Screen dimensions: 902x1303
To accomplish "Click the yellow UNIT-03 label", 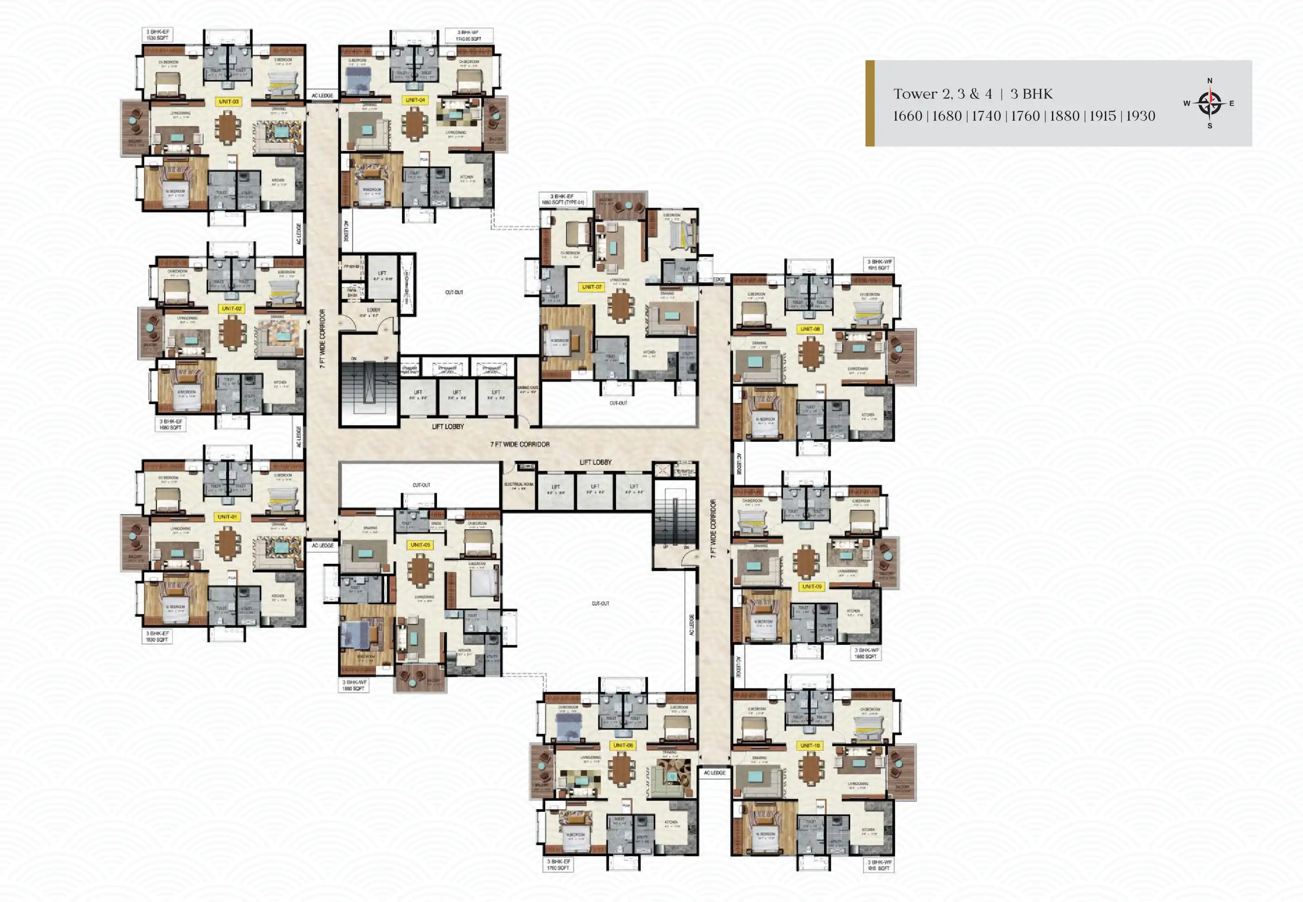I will pos(228,102).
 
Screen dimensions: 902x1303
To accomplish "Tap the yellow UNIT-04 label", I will pos(415,100).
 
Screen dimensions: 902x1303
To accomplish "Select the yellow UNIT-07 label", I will pos(592,287).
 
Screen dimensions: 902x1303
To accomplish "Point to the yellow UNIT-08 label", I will pos(810,329).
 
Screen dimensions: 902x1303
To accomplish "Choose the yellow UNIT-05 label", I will pos(420,545).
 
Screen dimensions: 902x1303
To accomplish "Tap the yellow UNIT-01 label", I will pos(227,516).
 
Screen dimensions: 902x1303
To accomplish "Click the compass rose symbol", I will pos(1209,103).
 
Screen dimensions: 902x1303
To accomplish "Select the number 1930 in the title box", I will pos(1140,116).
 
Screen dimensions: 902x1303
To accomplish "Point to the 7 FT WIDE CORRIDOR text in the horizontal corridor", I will pos(519,444).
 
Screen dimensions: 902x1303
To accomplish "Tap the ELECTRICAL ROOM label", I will pos(518,485).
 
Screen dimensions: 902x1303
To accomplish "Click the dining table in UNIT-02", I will pos(232,332).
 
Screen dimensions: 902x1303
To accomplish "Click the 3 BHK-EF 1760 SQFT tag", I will pos(558,864).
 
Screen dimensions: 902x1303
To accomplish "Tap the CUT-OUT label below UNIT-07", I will pos(618,403).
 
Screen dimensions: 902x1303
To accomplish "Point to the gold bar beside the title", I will pos(870,103).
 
